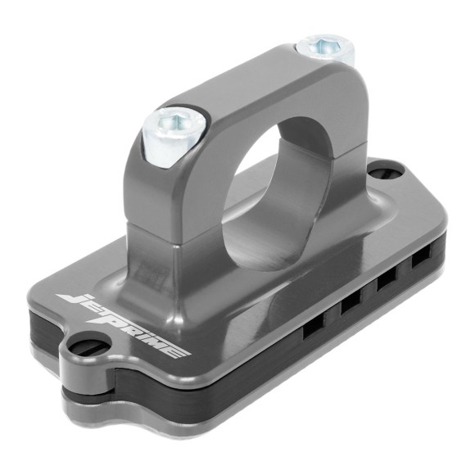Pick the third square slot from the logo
[384, 283]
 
